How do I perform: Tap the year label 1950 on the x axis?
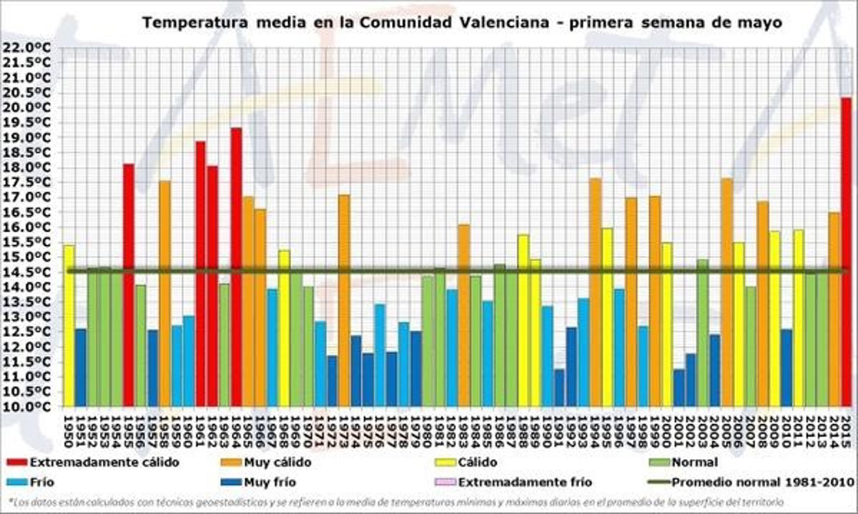tap(69, 429)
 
